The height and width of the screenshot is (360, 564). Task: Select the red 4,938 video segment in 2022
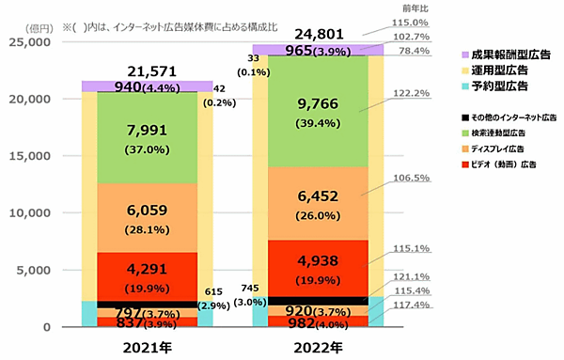point(317,268)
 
